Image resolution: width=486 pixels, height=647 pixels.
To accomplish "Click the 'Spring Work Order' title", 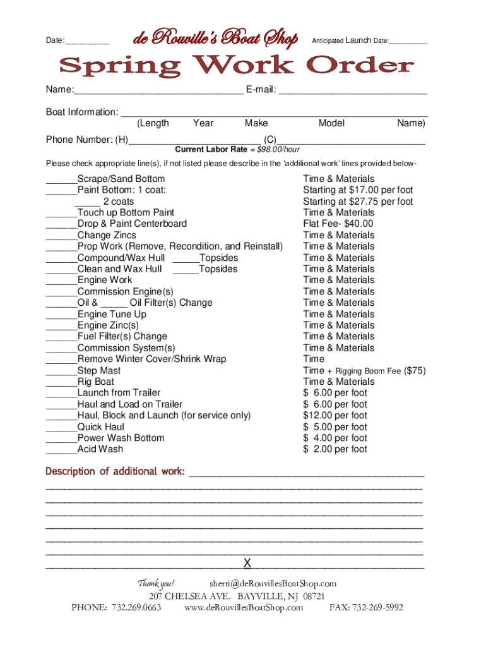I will coord(237,66).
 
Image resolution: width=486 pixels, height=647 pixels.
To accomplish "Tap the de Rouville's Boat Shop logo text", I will coord(215,39).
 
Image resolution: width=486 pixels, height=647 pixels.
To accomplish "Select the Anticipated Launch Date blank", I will coord(408,42).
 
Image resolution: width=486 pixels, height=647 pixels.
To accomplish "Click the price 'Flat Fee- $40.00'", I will coord(338,224).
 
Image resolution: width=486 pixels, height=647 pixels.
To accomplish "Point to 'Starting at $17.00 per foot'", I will coord(358,190).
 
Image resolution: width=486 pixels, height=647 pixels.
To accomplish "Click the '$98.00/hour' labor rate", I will coord(275,150).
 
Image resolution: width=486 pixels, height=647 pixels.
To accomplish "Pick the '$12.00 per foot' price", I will coord(335,416).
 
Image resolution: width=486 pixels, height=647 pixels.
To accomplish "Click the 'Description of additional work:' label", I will coord(115,471).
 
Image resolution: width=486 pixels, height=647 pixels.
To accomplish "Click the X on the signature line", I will coord(247,563).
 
